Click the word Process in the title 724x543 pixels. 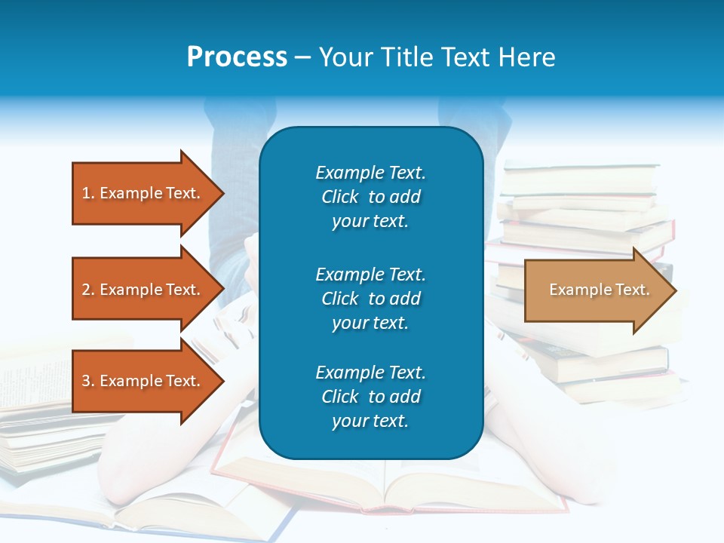pyautogui.click(x=237, y=57)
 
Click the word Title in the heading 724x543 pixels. pyautogui.click(x=406, y=57)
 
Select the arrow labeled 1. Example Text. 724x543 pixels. pyautogui.click(x=143, y=193)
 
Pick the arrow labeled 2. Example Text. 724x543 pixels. pyautogui.click(x=143, y=290)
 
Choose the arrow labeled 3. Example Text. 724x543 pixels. pyautogui.click(x=143, y=381)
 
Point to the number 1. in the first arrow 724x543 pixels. pyautogui.click(x=88, y=193)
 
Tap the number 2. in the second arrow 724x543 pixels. pyautogui.click(x=88, y=290)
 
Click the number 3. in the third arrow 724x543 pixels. pyautogui.click(x=88, y=381)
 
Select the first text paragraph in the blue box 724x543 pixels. pyautogui.click(x=370, y=197)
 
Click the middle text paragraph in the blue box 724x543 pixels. pyautogui.click(x=370, y=299)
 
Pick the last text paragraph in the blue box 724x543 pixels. pyautogui.click(x=370, y=397)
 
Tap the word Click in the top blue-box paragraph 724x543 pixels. pyautogui.click(x=340, y=197)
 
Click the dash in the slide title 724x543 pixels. pyautogui.click(x=302, y=57)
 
